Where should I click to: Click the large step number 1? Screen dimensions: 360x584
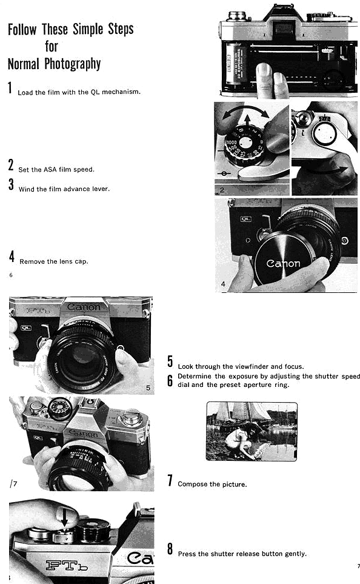(x=10, y=88)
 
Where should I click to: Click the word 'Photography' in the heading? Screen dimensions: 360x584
(x=73, y=64)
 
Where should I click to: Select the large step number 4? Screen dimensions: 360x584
(x=12, y=257)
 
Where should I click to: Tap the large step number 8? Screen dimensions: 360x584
(x=170, y=549)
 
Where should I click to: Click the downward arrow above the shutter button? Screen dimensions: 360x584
(x=64, y=518)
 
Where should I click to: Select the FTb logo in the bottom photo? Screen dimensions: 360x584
(x=67, y=565)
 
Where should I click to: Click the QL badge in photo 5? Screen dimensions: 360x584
(x=26, y=327)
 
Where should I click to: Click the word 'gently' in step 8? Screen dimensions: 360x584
(x=295, y=554)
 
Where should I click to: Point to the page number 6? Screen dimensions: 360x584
(x=11, y=275)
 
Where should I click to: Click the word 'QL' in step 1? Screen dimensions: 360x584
(x=95, y=92)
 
